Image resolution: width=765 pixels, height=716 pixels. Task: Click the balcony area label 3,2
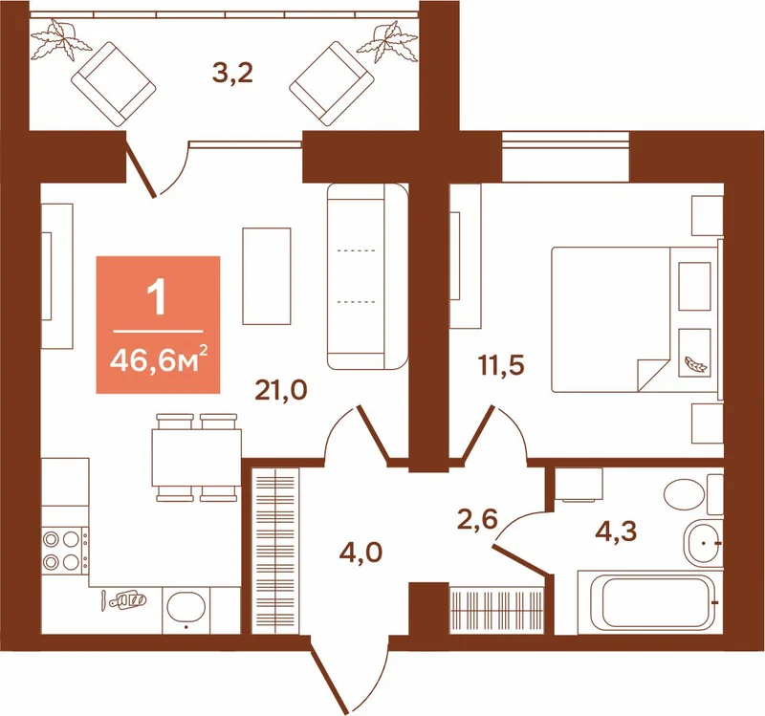pyautogui.click(x=232, y=75)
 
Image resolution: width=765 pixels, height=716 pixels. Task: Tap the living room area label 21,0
pyautogui.click(x=281, y=390)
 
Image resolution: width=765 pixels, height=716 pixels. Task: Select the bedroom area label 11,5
pyautogui.click(x=501, y=365)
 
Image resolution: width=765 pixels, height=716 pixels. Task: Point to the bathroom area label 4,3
pyautogui.click(x=616, y=532)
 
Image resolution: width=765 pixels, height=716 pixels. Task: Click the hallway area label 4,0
pyautogui.click(x=361, y=553)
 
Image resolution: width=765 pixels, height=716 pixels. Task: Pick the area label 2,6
pyautogui.click(x=477, y=520)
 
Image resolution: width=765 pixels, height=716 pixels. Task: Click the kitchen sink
pyautogui.click(x=186, y=607)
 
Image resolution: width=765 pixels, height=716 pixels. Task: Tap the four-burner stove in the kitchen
pyautogui.click(x=65, y=551)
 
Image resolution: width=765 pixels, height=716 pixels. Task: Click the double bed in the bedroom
pyautogui.click(x=635, y=319)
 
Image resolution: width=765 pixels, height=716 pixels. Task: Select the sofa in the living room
pyautogui.click(x=367, y=276)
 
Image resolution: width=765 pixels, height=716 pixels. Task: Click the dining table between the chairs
pyautogui.click(x=197, y=458)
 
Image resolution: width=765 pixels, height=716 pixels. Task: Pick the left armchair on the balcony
pyautogui.click(x=113, y=84)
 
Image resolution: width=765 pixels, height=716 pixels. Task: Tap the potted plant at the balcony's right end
pyautogui.click(x=388, y=43)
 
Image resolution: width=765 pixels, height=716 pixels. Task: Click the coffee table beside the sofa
pyautogui.click(x=267, y=276)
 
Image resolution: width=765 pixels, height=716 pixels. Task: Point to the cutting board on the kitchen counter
pyautogui.click(x=128, y=599)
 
